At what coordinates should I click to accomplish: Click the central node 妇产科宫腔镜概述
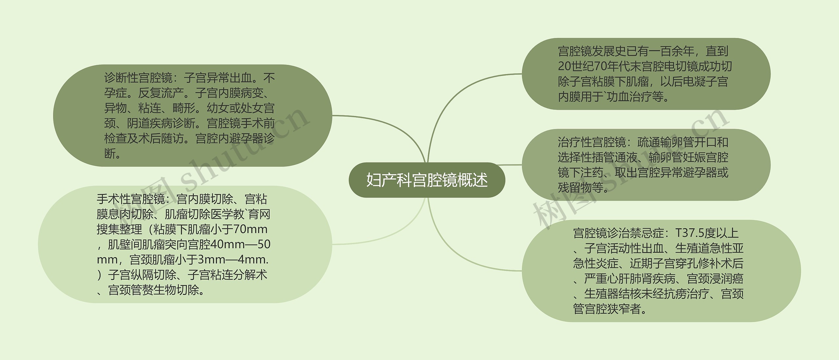[x=427, y=180]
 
